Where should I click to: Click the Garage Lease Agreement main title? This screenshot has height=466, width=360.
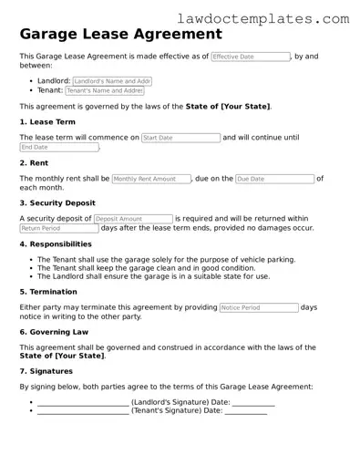coord(120,35)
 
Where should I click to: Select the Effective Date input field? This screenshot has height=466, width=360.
coord(250,57)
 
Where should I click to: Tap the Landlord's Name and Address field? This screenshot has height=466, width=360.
coord(108,80)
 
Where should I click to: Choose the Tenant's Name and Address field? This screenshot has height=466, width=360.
coord(105,90)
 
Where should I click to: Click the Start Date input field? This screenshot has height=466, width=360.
coord(180,138)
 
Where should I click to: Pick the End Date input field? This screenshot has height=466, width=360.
coord(58,147)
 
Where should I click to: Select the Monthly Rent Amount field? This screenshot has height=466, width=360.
coord(150,179)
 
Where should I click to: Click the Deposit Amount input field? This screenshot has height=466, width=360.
coord(132,219)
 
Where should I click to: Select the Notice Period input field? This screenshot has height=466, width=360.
coord(258,308)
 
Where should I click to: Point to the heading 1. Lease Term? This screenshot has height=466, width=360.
coord(47,121)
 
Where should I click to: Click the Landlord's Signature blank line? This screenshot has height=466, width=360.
coord(83,401)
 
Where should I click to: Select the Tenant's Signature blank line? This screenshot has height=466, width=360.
coord(83,410)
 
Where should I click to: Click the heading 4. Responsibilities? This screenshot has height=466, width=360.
coord(56,243)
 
